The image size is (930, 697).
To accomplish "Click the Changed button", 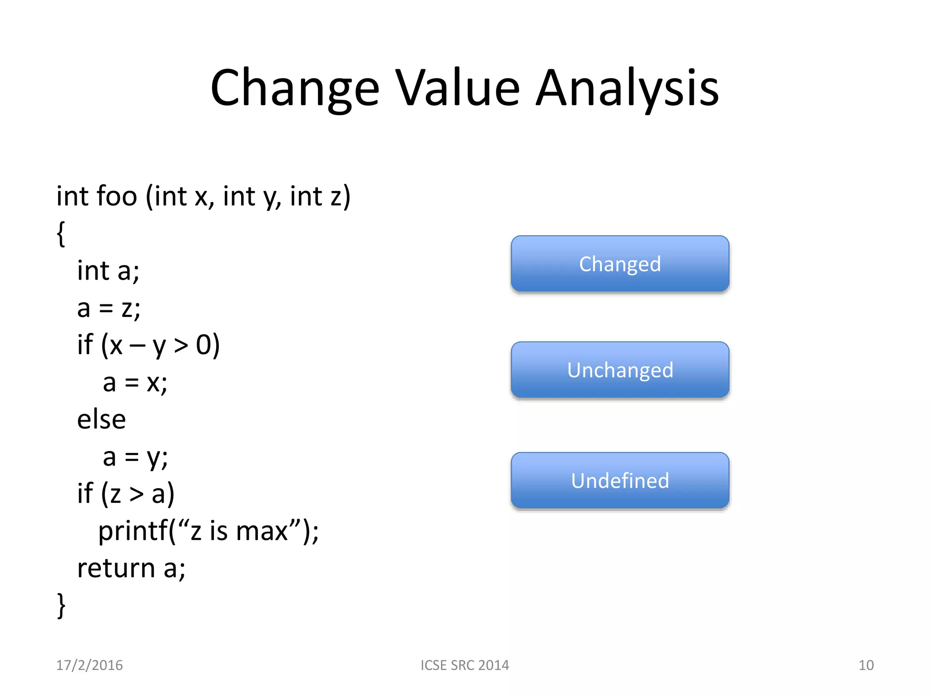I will click(x=620, y=264).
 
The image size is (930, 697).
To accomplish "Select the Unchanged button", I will click(x=620, y=370).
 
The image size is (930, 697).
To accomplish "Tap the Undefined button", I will click(x=620, y=480).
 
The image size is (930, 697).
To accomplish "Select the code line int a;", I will click(x=108, y=271).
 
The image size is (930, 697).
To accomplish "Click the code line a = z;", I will click(x=109, y=308).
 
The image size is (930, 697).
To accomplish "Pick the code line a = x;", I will click(x=135, y=383).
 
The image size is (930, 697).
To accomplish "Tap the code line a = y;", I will click(x=135, y=457).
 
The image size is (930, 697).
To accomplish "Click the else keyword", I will click(x=101, y=419).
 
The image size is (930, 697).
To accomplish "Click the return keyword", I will click(x=116, y=568).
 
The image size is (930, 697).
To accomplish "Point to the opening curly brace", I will click(x=61, y=234).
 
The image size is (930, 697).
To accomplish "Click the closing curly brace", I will click(x=61, y=605).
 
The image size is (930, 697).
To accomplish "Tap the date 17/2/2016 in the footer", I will click(x=89, y=665).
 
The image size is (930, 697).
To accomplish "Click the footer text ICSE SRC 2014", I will click(x=465, y=665).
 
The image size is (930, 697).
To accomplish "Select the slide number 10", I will click(x=866, y=665).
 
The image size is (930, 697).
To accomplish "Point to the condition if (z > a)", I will click(x=126, y=494).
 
